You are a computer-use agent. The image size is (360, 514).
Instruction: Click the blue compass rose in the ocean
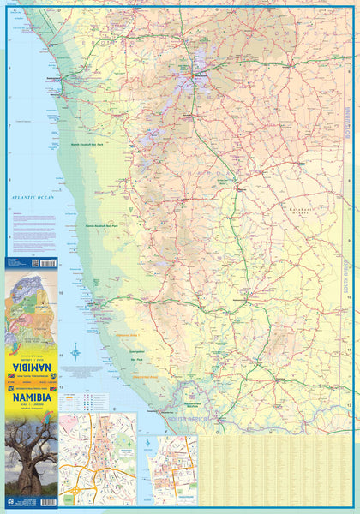76,351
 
